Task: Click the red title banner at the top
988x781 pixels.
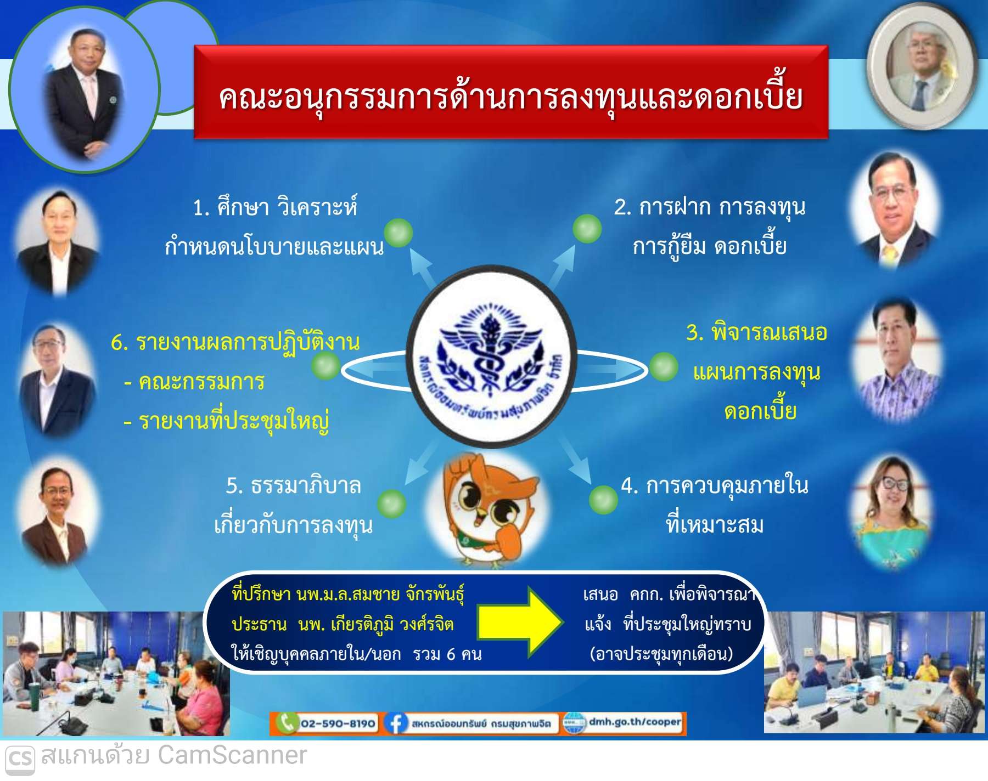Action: pyautogui.click(x=511, y=92)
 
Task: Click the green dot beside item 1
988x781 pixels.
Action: pyautogui.click(x=398, y=233)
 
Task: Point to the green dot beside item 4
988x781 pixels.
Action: pyautogui.click(x=603, y=499)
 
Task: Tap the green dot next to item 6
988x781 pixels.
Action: pyautogui.click(x=325, y=365)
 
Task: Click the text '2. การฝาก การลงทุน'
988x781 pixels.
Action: pyautogui.click(x=710, y=207)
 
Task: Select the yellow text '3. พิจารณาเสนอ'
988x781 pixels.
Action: pyautogui.click(x=756, y=332)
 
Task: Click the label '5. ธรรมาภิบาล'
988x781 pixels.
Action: pyautogui.click(x=294, y=486)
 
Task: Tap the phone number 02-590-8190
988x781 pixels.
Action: pyautogui.click(x=338, y=723)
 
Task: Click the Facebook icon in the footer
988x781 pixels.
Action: pyautogui.click(x=395, y=723)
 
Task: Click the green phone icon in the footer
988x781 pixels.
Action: pyautogui.click(x=286, y=723)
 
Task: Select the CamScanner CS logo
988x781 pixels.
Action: pyautogui.click(x=20, y=759)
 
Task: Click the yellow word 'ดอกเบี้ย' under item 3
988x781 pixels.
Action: pyautogui.click(x=760, y=410)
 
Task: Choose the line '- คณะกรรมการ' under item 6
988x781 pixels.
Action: pyautogui.click(x=194, y=382)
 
